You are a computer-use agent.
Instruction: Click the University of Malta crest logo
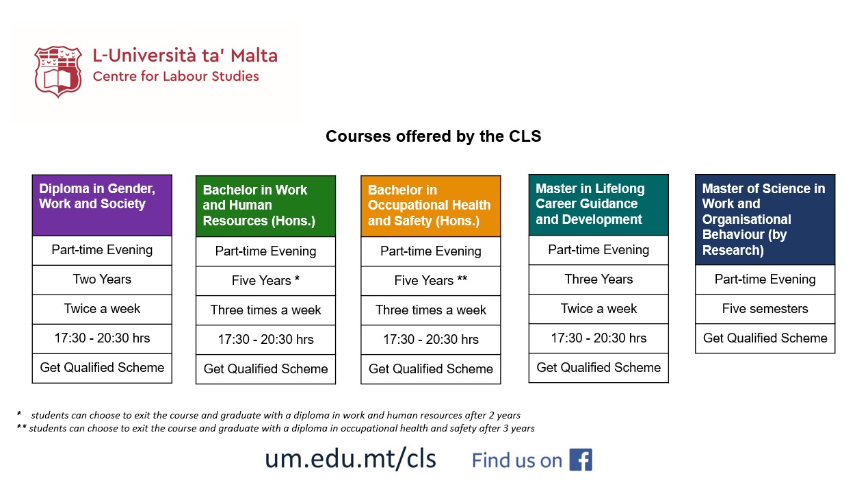[57, 71]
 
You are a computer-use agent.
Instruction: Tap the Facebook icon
[580, 460]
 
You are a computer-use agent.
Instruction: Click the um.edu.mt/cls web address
[350, 458]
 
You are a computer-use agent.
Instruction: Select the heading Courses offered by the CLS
[433, 136]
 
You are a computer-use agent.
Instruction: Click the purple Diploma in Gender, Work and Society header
[102, 205]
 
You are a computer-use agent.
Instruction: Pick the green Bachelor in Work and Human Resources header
[265, 206]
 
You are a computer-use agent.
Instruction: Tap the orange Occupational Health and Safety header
[430, 206]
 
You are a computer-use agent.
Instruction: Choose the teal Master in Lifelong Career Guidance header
[598, 205]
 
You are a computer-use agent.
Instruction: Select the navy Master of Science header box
[765, 219]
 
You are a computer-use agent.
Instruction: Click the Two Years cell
[102, 279]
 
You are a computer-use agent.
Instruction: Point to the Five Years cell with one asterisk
[265, 281]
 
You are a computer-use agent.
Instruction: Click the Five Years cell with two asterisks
[430, 281]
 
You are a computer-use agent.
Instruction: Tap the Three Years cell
[598, 279]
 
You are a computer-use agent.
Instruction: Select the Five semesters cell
[765, 309]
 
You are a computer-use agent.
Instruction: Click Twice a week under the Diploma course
[102, 309]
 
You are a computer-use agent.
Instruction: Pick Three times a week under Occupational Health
[430, 310]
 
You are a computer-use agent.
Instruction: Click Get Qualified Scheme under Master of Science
[765, 338]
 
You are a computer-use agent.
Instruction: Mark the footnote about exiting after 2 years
[274, 415]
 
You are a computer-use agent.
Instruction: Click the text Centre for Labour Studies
[176, 76]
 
